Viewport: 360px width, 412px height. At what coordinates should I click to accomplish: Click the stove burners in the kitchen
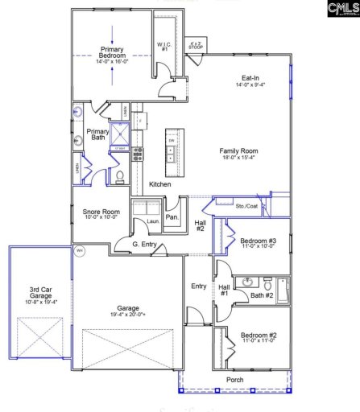pos(138,153)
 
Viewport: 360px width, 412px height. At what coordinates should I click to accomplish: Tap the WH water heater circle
pos(79,251)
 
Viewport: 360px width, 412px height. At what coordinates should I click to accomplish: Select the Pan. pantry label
pos(172,218)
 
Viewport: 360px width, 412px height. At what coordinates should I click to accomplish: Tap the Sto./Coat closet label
pos(246,207)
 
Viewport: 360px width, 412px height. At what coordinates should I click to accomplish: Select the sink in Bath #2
pos(249,282)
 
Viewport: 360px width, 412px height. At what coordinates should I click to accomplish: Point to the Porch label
pos(234,380)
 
